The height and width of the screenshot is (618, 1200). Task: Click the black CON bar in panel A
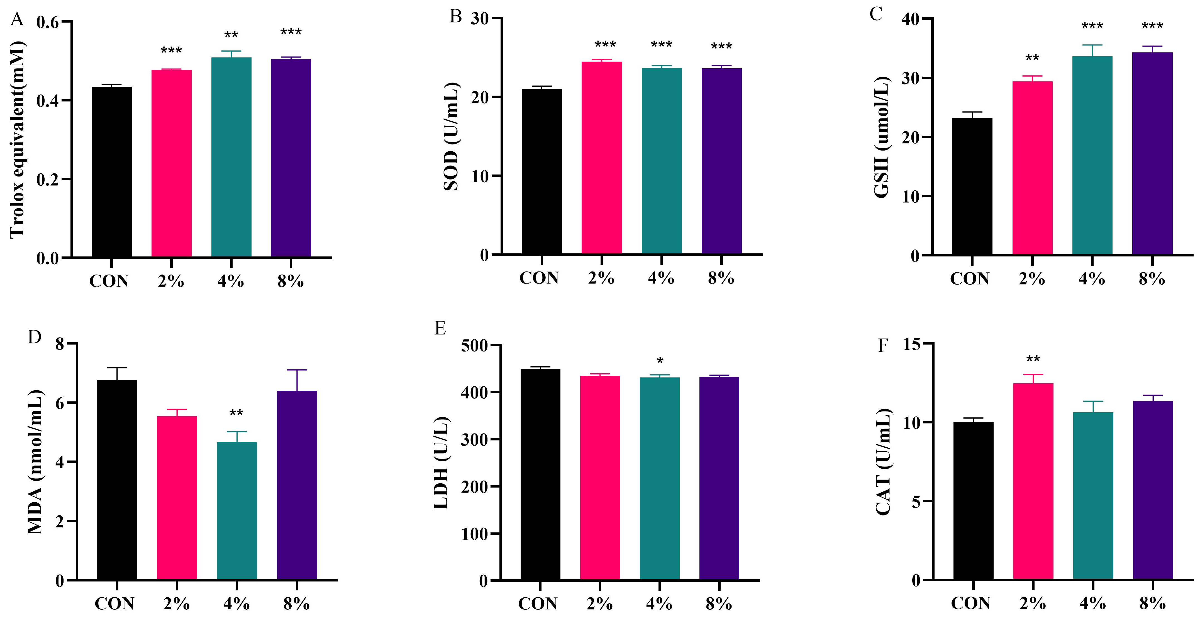pos(111,172)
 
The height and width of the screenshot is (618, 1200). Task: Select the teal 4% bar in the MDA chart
pos(237,511)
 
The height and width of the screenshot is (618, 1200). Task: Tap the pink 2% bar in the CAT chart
pos(1033,481)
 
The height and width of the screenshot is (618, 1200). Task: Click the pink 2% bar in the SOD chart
pos(601,158)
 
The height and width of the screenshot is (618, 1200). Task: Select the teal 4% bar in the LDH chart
pos(660,479)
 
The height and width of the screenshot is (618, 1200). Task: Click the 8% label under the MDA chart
pos(297,604)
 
